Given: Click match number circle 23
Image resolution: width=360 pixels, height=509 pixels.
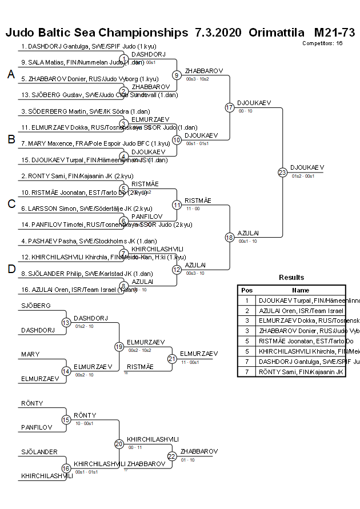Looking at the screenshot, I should pos(282,172).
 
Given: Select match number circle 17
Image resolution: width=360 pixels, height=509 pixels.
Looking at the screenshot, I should pos(229,107).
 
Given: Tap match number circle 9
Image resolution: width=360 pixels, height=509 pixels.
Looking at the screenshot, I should pos(177,75).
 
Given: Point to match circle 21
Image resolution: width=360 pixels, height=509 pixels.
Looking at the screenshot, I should pos(171,359).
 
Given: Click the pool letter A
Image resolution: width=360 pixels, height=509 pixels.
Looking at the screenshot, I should pos(10,74).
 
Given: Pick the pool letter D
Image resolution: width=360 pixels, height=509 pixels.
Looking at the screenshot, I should pos(10,269).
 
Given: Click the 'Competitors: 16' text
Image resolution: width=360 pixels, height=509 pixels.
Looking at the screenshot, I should pos(322,43).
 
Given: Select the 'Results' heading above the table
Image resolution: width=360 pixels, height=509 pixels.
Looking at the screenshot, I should pos(291,278).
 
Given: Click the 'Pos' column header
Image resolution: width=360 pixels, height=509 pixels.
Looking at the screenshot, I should pos(247,290).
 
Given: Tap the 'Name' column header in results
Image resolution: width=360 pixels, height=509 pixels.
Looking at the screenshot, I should pos(301,290).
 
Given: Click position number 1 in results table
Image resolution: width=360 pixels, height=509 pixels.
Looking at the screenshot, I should pos(247,300).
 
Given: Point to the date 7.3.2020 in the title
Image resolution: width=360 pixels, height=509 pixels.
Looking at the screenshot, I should pos(218,32).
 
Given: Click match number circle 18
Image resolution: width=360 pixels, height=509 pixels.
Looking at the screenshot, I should pos(229,237).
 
